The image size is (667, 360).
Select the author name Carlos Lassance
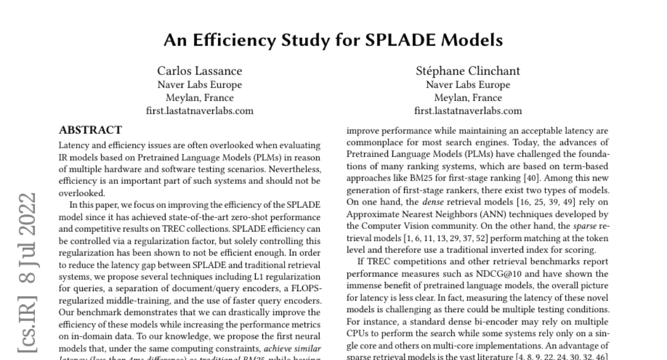200,71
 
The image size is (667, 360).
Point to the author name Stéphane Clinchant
468,71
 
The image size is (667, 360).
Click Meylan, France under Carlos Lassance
199,98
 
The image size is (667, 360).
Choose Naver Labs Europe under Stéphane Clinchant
468,85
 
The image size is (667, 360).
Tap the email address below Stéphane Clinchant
468,111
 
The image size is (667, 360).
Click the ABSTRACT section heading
90,131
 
